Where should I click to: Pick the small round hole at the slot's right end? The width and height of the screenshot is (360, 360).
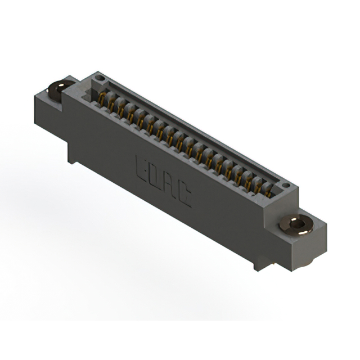(x=285, y=184)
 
